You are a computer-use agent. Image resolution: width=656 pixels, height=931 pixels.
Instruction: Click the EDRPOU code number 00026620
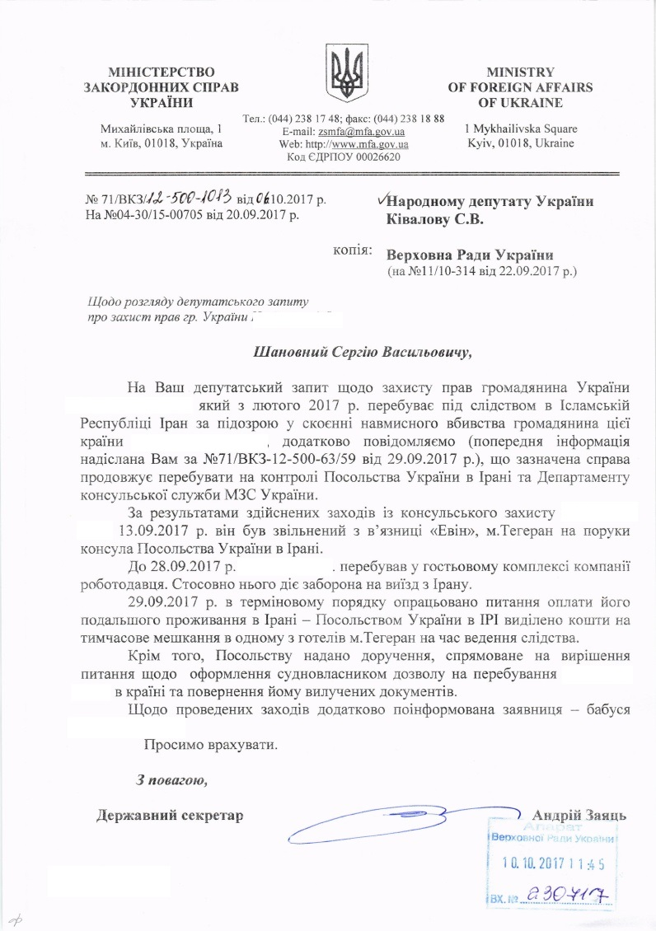373,157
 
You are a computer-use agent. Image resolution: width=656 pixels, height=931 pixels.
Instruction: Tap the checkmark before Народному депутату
379,200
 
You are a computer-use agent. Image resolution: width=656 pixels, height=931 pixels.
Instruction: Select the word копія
349,248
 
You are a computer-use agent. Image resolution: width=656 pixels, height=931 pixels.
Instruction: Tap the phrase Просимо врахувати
210,746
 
